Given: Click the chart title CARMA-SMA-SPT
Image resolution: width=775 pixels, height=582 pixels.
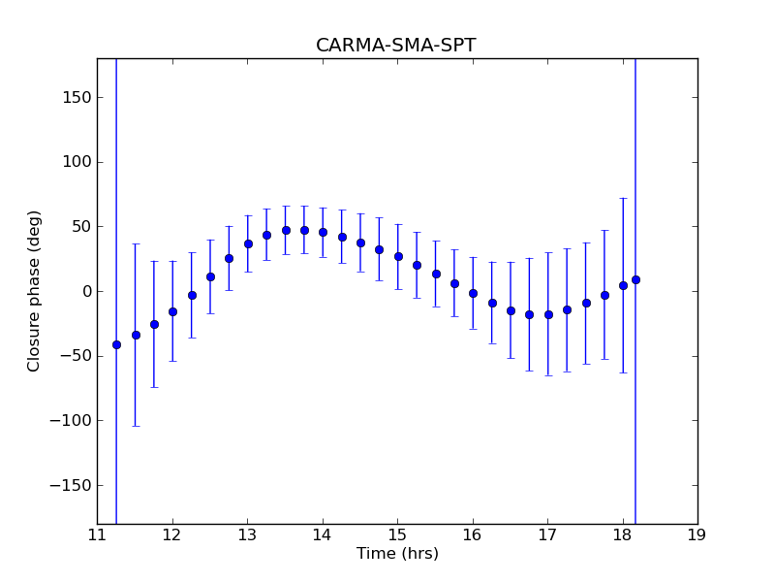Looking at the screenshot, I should point(396,46).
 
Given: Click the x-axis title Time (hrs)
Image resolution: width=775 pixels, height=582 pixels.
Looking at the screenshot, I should point(397,554).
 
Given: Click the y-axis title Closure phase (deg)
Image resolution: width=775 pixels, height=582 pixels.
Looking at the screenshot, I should point(35,291).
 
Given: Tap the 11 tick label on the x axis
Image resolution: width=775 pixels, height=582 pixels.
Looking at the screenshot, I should point(97,535).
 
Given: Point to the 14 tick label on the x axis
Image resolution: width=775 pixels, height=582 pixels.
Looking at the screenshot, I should point(322,535).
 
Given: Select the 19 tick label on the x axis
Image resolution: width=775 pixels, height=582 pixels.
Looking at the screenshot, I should point(697,535).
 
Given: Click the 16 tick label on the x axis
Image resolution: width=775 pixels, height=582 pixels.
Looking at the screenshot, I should point(472,535).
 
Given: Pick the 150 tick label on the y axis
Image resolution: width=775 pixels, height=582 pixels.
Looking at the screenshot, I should point(77,97).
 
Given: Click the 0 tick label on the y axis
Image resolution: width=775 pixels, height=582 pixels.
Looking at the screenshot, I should point(86,291).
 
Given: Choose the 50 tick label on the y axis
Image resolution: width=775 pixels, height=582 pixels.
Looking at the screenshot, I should point(81,226).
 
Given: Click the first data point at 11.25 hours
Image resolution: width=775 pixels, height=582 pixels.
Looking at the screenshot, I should point(116,344).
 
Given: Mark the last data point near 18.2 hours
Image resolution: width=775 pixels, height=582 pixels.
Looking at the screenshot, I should point(635,279).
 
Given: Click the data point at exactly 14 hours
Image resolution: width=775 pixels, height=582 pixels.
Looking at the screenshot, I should point(323,232).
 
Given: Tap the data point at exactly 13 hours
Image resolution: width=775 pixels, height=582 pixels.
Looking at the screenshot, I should point(248,243).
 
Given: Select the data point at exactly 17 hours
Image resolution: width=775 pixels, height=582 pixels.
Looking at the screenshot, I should point(548,314).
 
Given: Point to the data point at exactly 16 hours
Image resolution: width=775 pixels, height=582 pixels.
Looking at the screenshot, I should point(473,293).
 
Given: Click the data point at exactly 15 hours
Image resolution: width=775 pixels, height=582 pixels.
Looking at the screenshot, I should point(398,256).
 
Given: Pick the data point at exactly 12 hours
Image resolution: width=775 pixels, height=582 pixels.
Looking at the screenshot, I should point(172,311).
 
